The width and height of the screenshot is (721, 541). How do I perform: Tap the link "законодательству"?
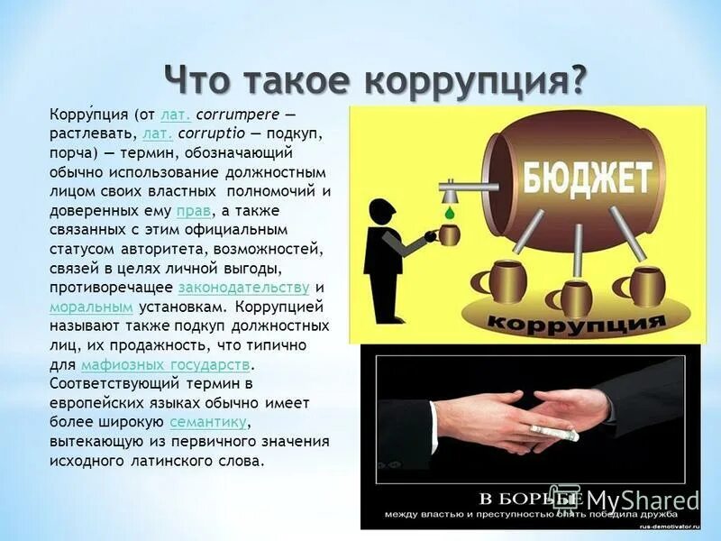[244, 288]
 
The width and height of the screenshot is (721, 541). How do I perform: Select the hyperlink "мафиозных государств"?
[165, 364]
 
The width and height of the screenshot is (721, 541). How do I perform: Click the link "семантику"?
[207, 422]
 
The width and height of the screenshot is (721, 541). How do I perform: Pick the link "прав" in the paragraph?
[194, 210]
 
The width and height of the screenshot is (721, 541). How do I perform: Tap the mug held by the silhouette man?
[448, 234]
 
